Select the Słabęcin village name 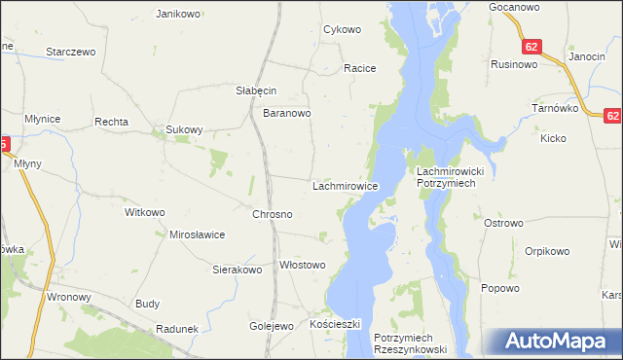click(x=257, y=90)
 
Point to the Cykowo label click(x=342, y=29)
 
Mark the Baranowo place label click(x=287, y=113)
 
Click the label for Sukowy click(x=184, y=128)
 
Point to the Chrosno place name click(x=273, y=213)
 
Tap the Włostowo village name click(x=302, y=265)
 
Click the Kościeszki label click(x=335, y=323)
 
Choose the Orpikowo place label click(x=546, y=251)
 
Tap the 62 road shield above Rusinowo click(x=531, y=47)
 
